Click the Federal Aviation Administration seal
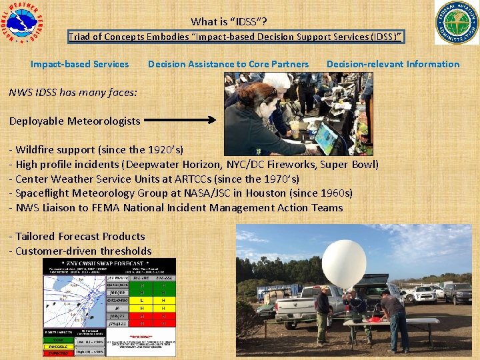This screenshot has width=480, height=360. point(457,23)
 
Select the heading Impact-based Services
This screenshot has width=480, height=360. point(79,64)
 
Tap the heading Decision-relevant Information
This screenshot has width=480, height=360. point(393,64)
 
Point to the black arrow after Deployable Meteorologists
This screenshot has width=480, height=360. point(180,121)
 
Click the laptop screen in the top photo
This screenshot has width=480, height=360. point(326,137)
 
